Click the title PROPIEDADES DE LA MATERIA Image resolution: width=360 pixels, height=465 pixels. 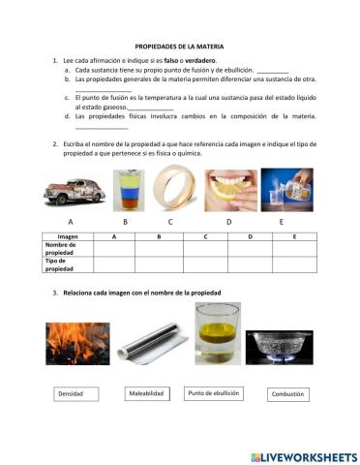[179, 46]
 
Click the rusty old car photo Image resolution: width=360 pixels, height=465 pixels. [72, 191]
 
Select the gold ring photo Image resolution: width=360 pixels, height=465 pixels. [179, 190]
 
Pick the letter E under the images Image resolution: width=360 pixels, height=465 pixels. [281, 222]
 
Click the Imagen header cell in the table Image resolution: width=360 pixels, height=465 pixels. [68, 236]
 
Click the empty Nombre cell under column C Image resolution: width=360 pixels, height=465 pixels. [205, 248]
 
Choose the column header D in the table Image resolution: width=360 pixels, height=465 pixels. [250, 236]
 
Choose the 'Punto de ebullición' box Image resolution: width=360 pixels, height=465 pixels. [212, 393]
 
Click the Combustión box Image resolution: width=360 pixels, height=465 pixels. [287, 394]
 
